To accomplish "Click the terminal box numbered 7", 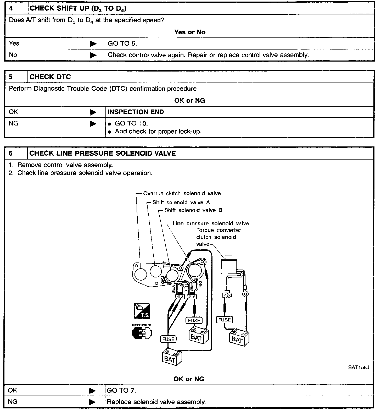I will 225,295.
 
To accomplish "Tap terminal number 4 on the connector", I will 178,297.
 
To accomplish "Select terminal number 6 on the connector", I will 194,297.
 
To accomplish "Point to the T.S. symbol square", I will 142,311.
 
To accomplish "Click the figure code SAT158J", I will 358,367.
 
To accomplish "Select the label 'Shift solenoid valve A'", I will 181,202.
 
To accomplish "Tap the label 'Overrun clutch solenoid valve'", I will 182,194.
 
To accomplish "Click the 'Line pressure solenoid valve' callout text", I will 211,223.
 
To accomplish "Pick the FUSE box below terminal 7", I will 225,320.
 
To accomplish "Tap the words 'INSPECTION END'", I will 136,112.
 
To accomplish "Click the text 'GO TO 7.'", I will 121,391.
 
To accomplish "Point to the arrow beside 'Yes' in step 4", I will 93,44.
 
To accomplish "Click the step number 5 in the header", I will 11,77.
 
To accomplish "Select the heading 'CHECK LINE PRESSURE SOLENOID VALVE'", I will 103,154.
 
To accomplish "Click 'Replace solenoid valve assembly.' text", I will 156,402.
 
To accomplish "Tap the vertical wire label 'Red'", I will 200,285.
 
